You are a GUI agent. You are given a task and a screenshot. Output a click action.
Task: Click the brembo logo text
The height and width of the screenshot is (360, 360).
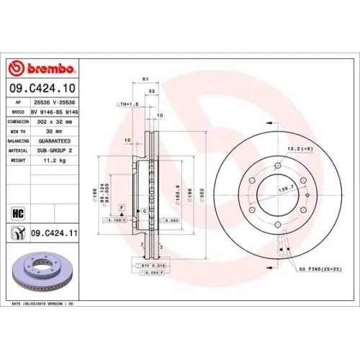click(x=47, y=68)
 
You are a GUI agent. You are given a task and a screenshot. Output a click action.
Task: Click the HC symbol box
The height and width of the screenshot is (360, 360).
click(x=19, y=212)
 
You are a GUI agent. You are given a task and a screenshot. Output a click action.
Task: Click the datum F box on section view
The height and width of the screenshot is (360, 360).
click(x=122, y=207)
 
